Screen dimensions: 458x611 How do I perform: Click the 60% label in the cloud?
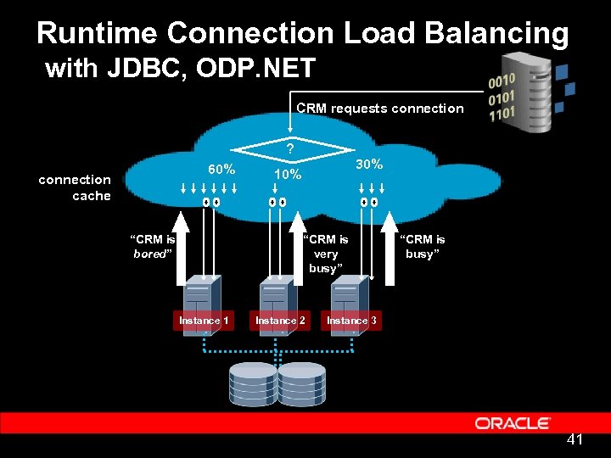(221, 169)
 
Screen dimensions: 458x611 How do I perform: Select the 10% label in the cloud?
(288, 175)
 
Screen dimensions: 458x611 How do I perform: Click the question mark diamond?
(290, 148)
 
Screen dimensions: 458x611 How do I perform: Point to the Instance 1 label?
(204, 320)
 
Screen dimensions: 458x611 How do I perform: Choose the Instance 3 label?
(352, 320)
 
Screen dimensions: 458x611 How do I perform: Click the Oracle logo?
(513, 422)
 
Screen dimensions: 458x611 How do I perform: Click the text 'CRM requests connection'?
(379, 109)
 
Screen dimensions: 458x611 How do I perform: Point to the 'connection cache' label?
(76, 187)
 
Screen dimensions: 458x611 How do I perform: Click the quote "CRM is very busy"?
(326, 254)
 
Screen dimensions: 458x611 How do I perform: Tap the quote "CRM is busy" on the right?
(422, 246)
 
